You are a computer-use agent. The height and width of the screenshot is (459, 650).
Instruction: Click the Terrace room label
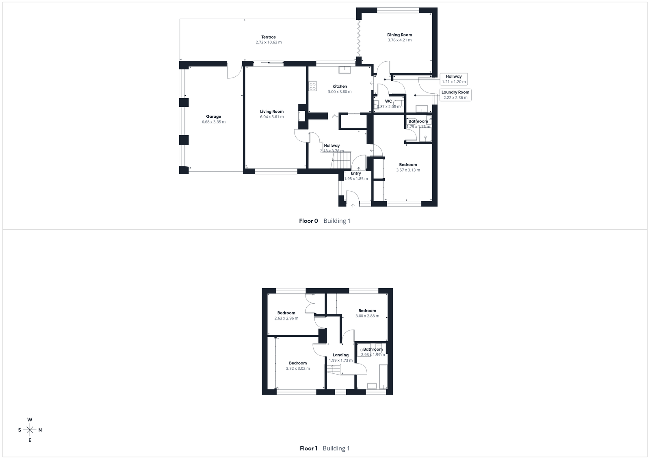point(268,37)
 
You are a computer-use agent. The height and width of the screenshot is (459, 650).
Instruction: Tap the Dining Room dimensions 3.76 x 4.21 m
point(399,40)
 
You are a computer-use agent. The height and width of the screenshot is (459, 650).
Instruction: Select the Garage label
point(213,116)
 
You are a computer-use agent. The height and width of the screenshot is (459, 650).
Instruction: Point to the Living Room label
point(272,112)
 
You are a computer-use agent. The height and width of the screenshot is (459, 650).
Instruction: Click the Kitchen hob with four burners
point(313,86)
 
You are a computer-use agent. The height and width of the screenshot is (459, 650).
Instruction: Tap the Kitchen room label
point(340,86)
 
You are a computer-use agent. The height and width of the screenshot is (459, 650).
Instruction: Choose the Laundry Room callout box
point(455,95)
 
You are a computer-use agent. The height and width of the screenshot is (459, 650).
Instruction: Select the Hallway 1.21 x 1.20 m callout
point(454,79)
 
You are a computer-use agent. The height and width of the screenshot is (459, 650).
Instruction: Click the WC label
point(388,101)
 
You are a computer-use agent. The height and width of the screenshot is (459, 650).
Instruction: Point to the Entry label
point(356,173)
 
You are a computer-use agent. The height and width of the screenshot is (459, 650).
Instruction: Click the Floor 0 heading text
point(308,221)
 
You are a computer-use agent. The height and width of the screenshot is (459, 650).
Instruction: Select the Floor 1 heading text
point(308,448)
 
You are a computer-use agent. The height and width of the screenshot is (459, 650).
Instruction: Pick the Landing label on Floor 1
point(340,355)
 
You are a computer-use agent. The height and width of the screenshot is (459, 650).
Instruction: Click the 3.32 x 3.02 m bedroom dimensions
point(298,368)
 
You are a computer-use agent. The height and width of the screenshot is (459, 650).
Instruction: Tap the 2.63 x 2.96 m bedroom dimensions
point(286,318)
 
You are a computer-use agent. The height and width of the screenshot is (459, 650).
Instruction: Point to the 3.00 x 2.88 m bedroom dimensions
point(367,316)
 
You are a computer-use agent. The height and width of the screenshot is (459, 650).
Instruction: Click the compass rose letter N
point(40,430)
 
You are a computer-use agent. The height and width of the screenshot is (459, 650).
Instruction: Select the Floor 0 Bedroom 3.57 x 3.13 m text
point(408,167)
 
